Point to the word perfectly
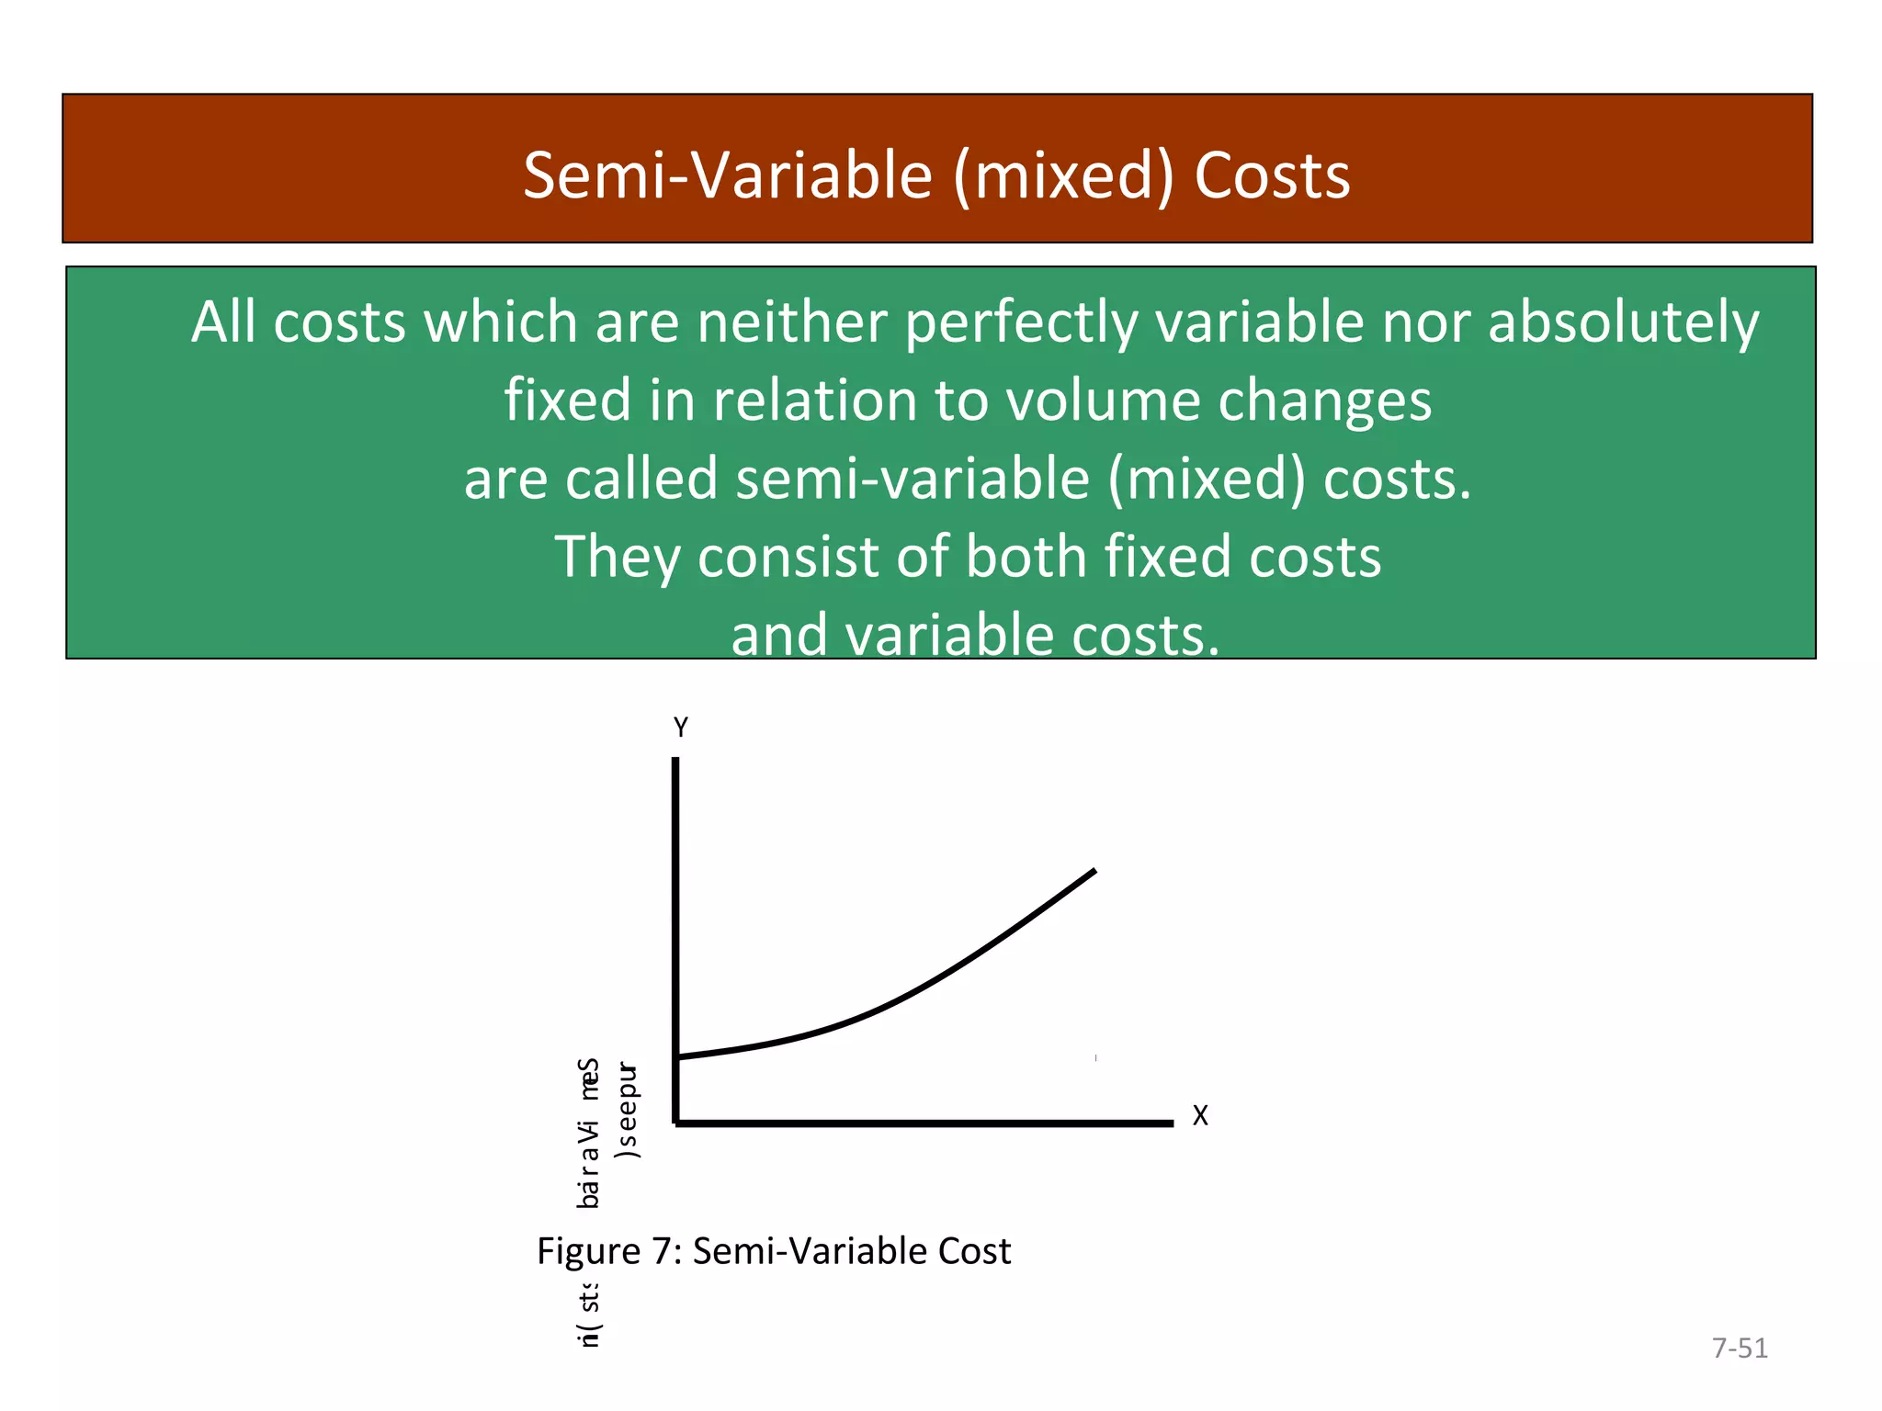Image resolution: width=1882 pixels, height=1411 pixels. tap(1021, 324)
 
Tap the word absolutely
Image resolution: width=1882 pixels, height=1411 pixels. tap(1623, 324)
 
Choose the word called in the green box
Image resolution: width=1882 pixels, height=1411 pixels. tap(641, 479)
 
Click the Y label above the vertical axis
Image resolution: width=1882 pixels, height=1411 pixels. tap(681, 728)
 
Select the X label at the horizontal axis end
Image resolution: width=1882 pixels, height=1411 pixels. tap(1200, 1116)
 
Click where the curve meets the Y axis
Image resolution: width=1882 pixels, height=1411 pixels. tap(676, 1058)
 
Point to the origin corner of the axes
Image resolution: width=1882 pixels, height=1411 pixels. tap(676, 1123)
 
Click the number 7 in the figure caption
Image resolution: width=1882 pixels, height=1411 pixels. tap(661, 1251)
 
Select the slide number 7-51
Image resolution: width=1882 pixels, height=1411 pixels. tap(1740, 1349)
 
